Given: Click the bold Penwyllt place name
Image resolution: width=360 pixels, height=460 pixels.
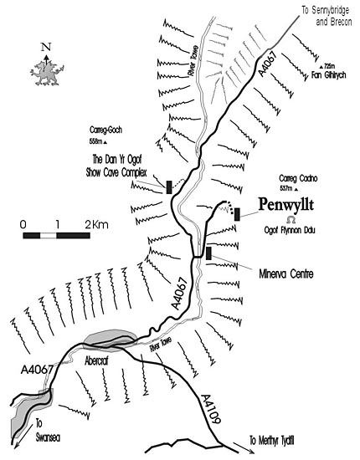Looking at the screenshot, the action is [285, 204].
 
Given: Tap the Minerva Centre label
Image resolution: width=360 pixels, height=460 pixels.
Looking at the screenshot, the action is [286, 274].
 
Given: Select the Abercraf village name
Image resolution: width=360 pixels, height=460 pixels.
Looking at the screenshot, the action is [96, 360].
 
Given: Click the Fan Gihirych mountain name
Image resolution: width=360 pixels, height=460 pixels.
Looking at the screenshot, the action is [328, 75].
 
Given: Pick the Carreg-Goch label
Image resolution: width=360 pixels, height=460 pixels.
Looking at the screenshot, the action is [105, 130].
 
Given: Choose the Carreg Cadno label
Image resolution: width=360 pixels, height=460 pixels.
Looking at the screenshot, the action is [298, 178].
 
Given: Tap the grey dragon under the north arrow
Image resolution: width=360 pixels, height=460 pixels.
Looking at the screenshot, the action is [47, 73].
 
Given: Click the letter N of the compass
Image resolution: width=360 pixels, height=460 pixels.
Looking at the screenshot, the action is [46, 47].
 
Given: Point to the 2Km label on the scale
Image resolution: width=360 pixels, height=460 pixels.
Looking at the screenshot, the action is [96, 225].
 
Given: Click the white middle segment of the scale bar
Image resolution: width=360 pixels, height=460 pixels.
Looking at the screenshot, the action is [49, 235].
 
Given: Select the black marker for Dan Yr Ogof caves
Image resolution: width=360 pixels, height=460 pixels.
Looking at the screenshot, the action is [169, 187].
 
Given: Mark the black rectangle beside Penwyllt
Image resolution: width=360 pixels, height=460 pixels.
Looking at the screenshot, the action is [237, 214].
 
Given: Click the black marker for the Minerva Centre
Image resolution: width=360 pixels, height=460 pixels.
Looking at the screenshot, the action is [208, 253].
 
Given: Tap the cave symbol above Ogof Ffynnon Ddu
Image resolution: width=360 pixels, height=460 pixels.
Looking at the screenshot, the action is [291, 220].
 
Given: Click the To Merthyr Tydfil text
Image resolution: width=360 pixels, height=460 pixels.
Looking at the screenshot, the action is [272, 440].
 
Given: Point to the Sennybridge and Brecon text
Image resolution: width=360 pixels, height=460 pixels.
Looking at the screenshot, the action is [327, 16].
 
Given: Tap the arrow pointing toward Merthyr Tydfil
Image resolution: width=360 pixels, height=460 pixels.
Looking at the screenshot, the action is [241, 447].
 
